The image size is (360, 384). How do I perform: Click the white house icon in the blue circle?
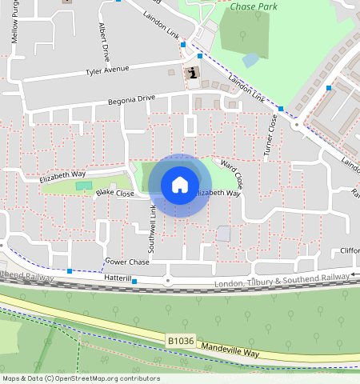180,185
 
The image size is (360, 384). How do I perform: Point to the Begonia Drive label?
132,99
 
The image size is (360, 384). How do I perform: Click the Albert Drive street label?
104,42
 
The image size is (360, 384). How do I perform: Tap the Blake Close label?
114,194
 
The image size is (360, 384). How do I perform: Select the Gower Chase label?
127,262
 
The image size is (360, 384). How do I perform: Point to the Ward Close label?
231,173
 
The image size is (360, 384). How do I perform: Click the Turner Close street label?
272,134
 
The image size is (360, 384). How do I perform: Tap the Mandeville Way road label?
232,351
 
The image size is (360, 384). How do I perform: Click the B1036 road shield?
180,341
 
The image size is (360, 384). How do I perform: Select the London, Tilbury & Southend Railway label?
282,280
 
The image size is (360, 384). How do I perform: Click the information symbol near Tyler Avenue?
192,74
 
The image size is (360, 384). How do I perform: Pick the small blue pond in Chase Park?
250,60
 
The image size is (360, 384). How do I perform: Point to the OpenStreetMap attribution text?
80,378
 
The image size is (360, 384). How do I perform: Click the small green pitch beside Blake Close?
84,186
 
